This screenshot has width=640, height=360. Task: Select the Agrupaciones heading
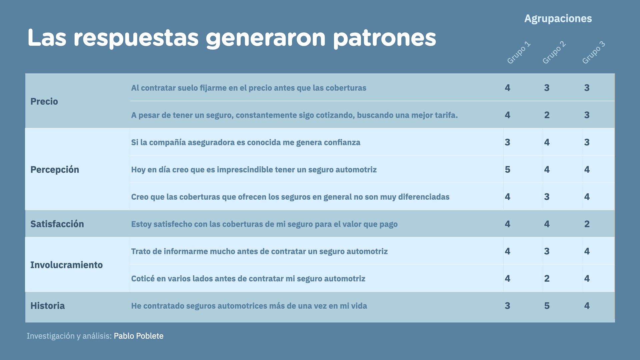click(558, 19)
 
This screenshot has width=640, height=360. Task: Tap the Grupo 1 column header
click(519, 52)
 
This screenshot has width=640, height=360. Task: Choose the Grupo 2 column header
click(554, 52)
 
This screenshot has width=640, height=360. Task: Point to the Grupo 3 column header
click(593, 52)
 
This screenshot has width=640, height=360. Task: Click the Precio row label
click(44, 101)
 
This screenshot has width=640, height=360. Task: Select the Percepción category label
click(55, 170)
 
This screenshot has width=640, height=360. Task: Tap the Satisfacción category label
click(57, 224)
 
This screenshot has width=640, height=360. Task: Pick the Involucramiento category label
click(66, 265)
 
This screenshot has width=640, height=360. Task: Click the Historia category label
click(47, 306)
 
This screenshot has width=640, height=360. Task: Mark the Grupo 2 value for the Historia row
click(547, 306)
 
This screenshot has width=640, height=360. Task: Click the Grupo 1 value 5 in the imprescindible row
click(507, 170)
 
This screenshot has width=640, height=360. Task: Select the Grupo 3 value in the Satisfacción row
click(587, 224)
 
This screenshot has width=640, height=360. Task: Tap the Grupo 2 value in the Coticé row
click(547, 279)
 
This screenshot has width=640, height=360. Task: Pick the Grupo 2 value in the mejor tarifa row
click(547, 115)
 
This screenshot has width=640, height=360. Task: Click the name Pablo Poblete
click(139, 336)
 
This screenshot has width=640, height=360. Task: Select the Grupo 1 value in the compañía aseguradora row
click(507, 142)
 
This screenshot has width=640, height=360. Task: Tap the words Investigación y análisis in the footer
click(69, 336)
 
